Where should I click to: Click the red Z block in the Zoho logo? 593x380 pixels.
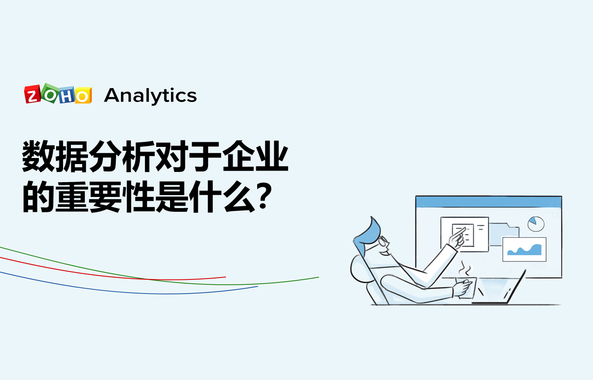[32, 95]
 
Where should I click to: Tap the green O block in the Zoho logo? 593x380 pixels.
[50, 93]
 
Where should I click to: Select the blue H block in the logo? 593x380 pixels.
[66, 95]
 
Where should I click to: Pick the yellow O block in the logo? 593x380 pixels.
[83, 95]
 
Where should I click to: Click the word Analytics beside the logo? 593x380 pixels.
[151, 96]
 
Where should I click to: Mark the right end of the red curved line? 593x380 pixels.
[225, 277]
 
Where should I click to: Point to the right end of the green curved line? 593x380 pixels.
[318, 278]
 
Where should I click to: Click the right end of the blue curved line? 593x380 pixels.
[257, 286]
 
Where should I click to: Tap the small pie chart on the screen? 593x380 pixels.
[536, 224]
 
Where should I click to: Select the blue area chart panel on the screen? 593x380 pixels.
[524, 249]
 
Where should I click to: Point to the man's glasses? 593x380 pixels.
[384, 241]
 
